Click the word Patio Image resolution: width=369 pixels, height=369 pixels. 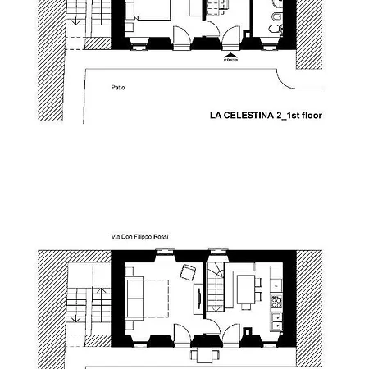coord(119,86)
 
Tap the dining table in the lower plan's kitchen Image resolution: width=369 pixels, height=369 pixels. coord(244,287)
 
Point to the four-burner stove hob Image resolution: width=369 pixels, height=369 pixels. coord(276,302)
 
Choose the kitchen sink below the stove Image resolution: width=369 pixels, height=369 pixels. coord(276,319)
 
